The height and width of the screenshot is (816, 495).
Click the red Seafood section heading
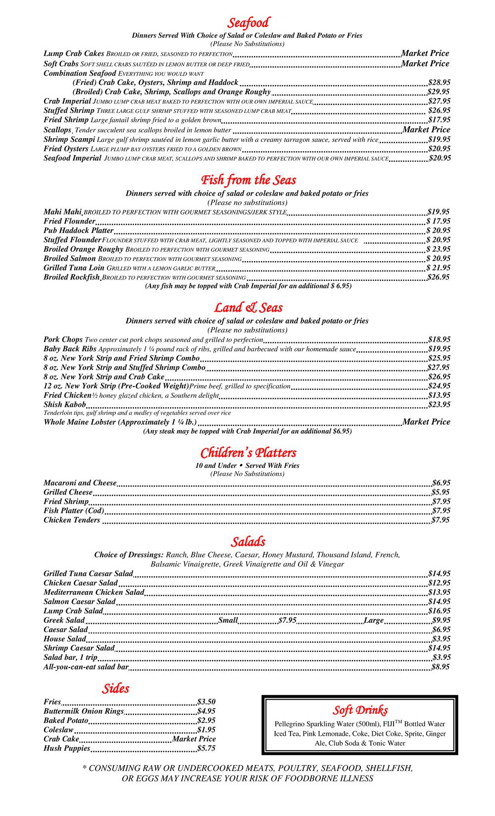point(248,23)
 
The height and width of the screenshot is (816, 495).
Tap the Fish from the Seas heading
point(248,180)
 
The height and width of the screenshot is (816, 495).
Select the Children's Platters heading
point(248,453)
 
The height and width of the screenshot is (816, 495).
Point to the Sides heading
point(115,688)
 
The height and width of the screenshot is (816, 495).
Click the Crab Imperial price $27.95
point(439,101)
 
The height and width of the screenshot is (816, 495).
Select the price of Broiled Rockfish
point(439,277)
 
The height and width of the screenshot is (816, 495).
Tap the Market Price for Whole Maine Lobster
point(426,422)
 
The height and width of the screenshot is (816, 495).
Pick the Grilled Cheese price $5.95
point(441,492)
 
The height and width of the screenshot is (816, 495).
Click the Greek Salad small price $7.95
point(287,620)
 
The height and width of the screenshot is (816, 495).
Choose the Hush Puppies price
point(206,748)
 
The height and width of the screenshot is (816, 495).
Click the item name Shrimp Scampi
point(69,139)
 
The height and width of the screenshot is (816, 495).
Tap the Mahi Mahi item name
point(62,212)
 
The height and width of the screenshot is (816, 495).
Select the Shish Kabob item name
point(65,404)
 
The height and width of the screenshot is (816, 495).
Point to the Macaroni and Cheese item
point(80,483)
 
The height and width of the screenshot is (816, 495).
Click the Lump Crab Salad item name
point(73,610)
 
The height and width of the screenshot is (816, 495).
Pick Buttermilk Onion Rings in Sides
point(84,711)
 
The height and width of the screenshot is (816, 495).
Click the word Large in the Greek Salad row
point(374,620)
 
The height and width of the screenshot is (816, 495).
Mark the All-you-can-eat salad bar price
point(440,667)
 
